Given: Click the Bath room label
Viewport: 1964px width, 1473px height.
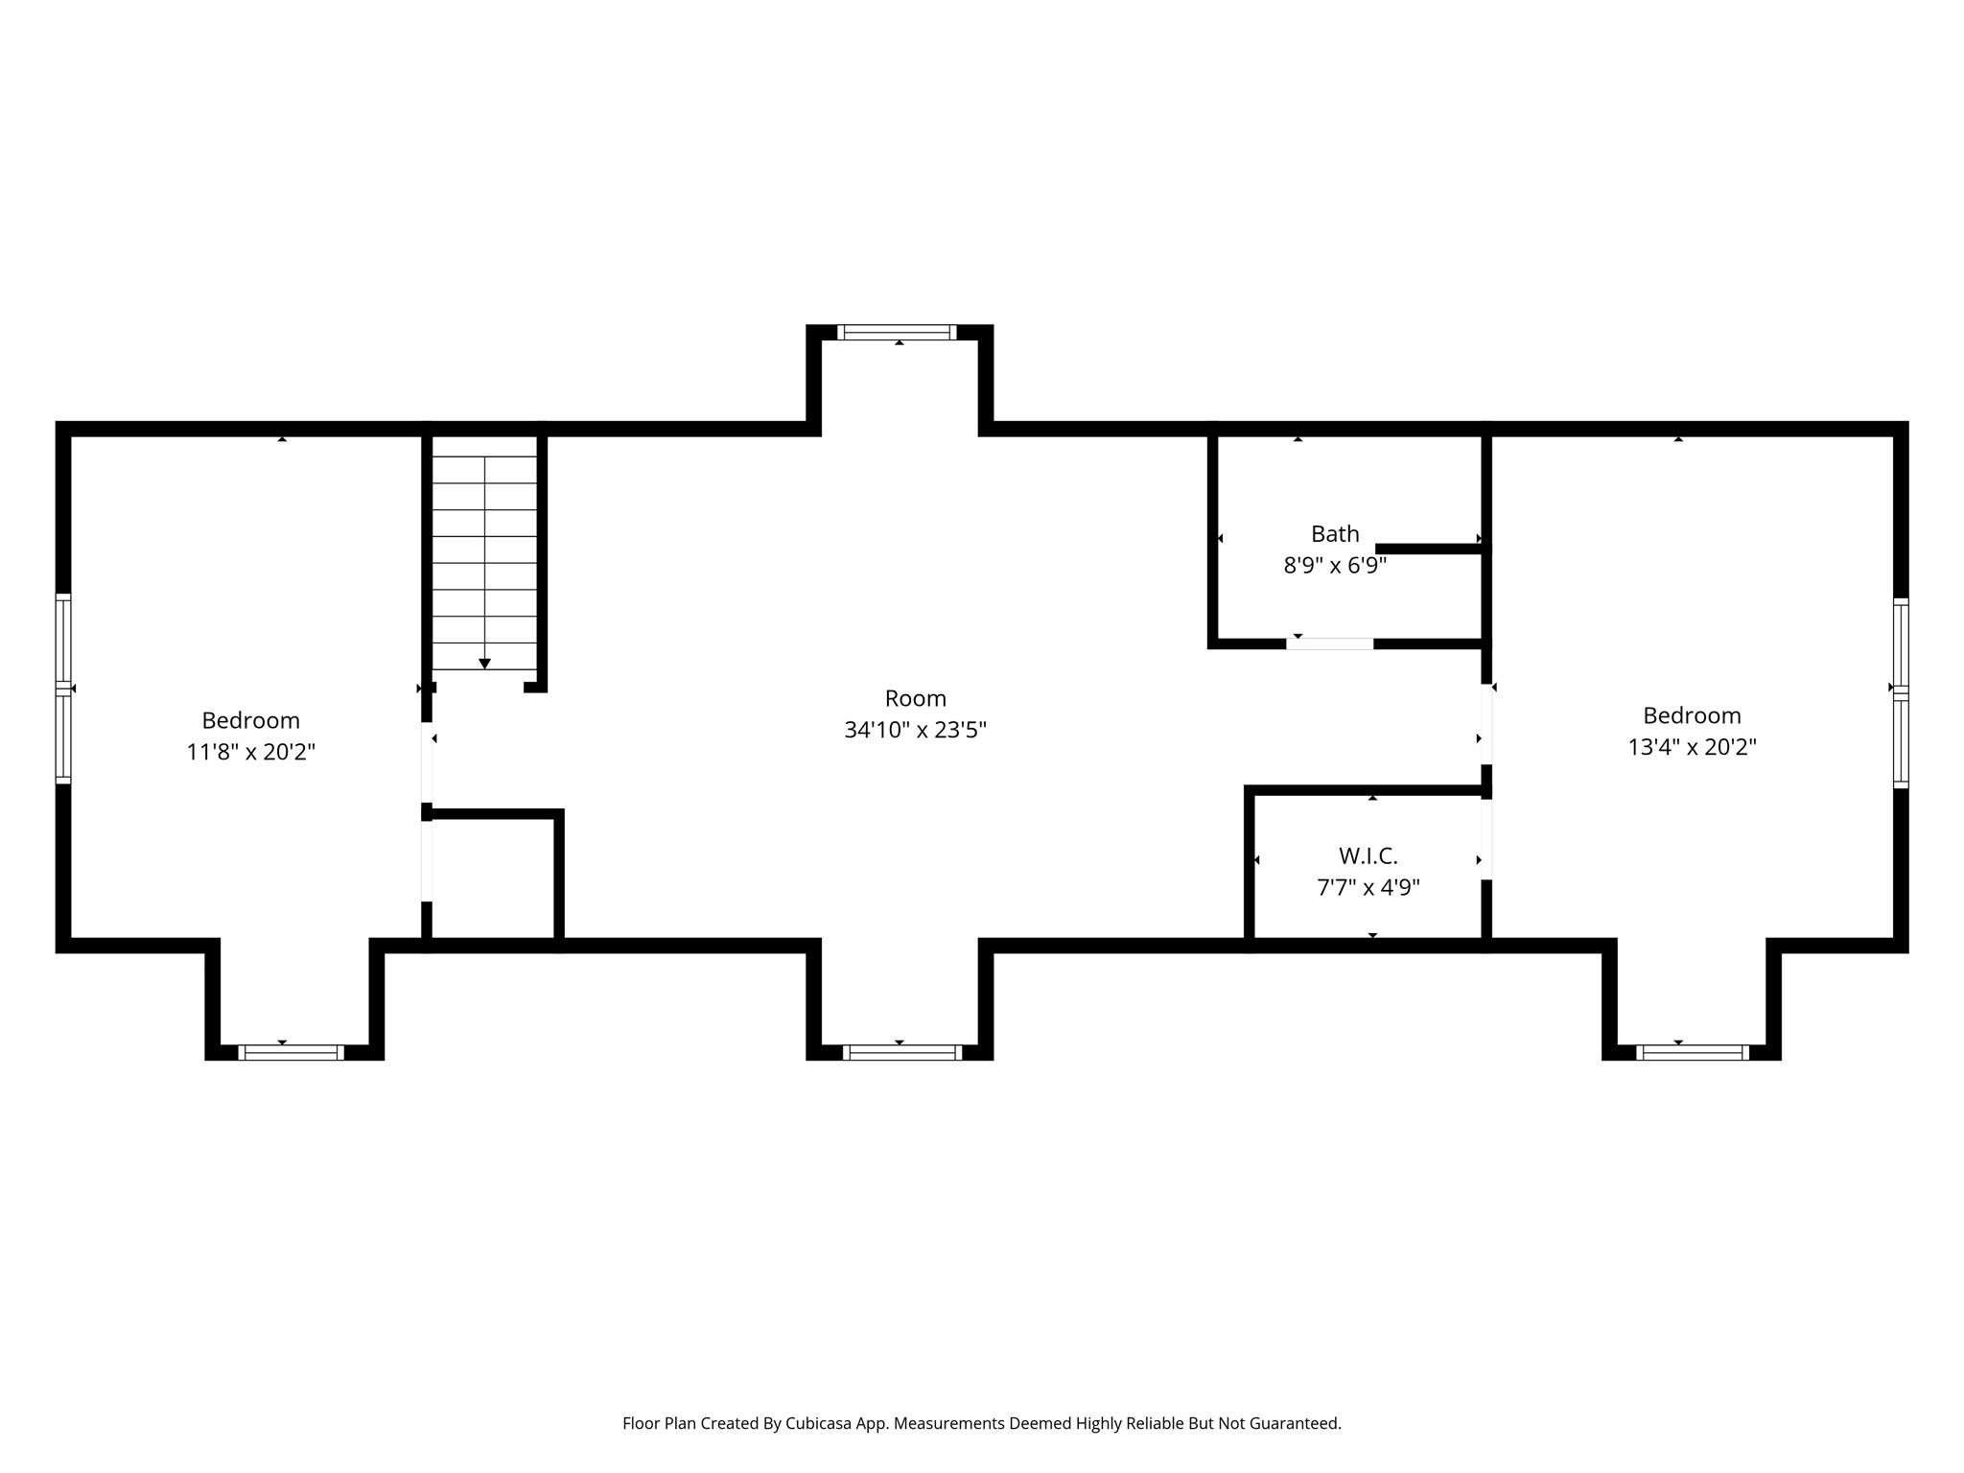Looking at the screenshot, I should [x=1335, y=533].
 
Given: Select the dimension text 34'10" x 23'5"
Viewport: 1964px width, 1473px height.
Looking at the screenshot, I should [x=915, y=731].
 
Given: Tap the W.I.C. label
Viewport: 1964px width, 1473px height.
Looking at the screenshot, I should [x=1368, y=855].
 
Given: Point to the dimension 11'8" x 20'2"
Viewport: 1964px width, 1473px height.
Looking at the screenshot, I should [x=250, y=752].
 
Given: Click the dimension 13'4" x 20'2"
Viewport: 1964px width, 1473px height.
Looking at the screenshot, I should [x=1692, y=747].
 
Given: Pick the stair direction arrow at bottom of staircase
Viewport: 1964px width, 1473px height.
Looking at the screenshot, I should [x=484, y=664].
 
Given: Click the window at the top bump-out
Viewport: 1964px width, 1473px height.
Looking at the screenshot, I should [x=897, y=333].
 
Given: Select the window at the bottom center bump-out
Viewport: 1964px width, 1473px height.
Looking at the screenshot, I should [x=901, y=1052].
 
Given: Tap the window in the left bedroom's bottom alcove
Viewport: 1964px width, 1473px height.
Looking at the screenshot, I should [x=291, y=1052].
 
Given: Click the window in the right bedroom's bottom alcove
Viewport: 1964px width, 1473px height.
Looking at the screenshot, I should [x=1692, y=1052].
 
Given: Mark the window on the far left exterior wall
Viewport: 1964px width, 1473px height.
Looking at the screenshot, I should [x=63, y=689].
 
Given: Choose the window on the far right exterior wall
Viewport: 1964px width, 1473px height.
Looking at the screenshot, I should [x=1901, y=692].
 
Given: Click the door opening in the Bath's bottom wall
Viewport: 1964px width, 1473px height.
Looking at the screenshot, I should [x=1329, y=643].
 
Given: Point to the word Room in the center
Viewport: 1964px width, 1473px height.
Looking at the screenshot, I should [x=915, y=698].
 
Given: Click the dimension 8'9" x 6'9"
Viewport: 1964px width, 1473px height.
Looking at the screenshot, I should [x=1335, y=566].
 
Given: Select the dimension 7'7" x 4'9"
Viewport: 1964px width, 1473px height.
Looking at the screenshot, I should [x=1368, y=888].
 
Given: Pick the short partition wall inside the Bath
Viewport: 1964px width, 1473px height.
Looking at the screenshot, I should [x=1429, y=549].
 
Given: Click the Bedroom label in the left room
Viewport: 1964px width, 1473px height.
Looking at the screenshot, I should [x=250, y=720].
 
